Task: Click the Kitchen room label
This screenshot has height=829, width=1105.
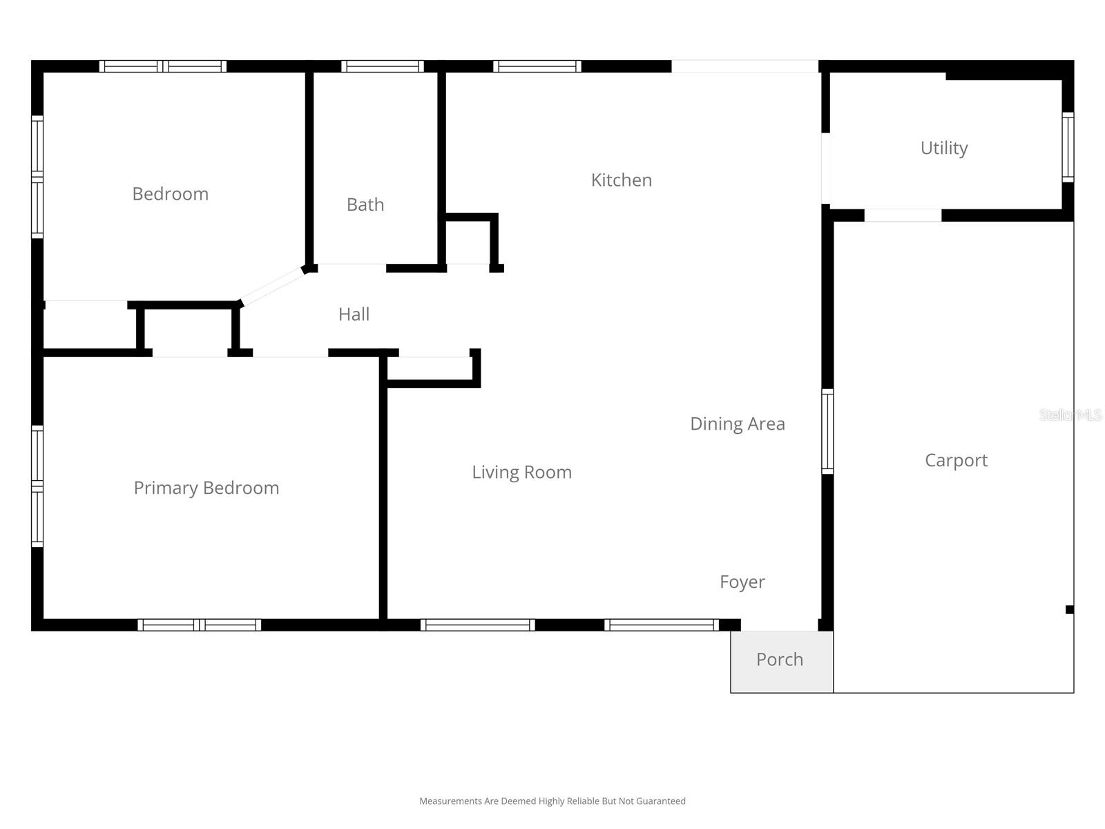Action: (x=621, y=180)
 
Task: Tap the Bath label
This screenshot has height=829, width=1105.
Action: (x=365, y=204)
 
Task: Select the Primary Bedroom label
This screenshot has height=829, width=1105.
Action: (x=206, y=488)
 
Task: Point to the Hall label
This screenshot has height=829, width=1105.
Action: (x=354, y=314)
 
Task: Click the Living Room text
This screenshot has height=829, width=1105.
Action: (x=521, y=472)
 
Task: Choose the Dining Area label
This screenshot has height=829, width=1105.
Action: (x=737, y=423)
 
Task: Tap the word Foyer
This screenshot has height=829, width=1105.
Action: (x=742, y=582)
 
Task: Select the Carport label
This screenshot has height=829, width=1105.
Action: (x=956, y=460)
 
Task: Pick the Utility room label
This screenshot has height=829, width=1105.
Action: (x=943, y=148)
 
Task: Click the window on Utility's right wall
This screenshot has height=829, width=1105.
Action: (x=1068, y=147)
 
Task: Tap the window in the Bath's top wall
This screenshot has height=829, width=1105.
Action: (x=382, y=66)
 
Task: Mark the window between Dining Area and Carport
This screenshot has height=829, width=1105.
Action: (x=827, y=431)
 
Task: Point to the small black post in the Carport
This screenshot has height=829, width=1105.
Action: (x=1069, y=609)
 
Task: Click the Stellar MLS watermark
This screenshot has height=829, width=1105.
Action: (x=1070, y=414)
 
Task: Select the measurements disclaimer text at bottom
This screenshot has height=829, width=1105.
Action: (x=552, y=801)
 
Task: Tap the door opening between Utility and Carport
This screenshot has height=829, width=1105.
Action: (x=903, y=216)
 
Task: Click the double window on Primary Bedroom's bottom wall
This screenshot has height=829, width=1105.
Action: (x=199, y=625)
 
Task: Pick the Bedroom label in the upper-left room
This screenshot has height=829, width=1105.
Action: (x=170, y=194)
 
